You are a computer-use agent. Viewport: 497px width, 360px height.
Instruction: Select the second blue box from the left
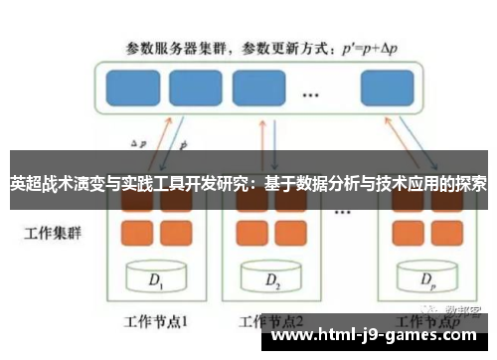pyautogui.click(x=195, y=87)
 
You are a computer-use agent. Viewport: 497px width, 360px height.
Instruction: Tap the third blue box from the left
pyautogui.click(x=258, y=87)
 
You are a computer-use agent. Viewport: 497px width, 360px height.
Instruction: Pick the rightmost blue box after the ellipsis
pyautogui.click(x=388, y=87)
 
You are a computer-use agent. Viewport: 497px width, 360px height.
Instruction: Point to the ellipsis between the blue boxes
pyautogui.click(x=310, y=94)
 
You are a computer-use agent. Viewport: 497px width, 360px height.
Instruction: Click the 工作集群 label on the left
pyautogui.click(x=50, y=236)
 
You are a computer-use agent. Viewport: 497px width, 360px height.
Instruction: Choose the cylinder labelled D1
pyautogui.click(x=155, y=279)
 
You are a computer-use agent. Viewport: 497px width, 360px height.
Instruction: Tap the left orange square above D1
pyautogui.click(x=136, y=233)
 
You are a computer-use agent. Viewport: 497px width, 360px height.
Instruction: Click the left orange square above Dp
pyautogui.click(x=407, y=233)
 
